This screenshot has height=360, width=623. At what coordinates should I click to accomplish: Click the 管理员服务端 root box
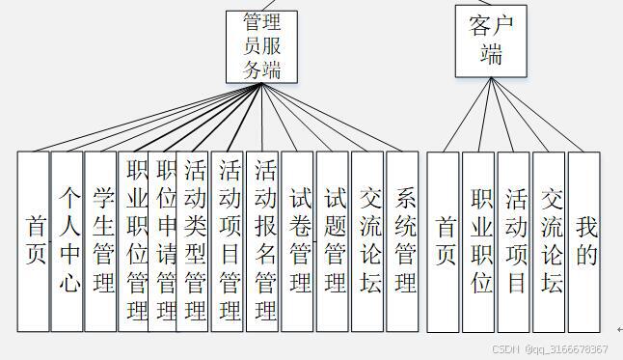pos(260,45)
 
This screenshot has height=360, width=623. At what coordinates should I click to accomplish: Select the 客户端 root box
pos(492,40)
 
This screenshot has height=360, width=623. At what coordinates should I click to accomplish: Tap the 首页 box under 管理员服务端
pos(34,240)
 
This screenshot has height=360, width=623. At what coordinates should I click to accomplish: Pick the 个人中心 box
pos(67,240)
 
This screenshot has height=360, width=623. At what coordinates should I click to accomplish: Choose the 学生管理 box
pos(100,240)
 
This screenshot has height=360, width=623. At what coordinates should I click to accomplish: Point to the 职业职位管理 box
pos(133,240)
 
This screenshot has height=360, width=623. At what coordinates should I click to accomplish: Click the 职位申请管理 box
pos(163,240)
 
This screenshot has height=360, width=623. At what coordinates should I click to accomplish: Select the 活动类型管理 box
pos(194,240)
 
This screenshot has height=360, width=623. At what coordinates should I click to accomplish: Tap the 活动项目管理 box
pos(229,240)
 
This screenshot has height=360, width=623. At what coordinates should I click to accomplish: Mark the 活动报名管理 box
pos(263,240)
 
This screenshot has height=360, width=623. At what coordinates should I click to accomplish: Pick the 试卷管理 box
pos(298,240)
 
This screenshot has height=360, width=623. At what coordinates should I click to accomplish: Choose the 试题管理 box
pos(333,240)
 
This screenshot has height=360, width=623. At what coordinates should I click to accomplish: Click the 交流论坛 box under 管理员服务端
pos(367,240)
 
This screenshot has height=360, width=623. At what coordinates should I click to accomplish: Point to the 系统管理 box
pos(402,240)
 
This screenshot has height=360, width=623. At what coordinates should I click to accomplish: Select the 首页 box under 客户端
pos(444,240)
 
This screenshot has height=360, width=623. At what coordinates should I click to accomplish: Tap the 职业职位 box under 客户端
pos(479,240)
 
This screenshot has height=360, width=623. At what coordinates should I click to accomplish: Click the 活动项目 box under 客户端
pos(514,240)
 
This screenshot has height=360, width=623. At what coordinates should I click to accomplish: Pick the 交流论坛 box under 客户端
pos(549,240)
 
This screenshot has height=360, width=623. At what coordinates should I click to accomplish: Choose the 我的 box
pos(583,240)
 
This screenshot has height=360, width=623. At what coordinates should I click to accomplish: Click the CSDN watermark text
pos(550,349)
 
